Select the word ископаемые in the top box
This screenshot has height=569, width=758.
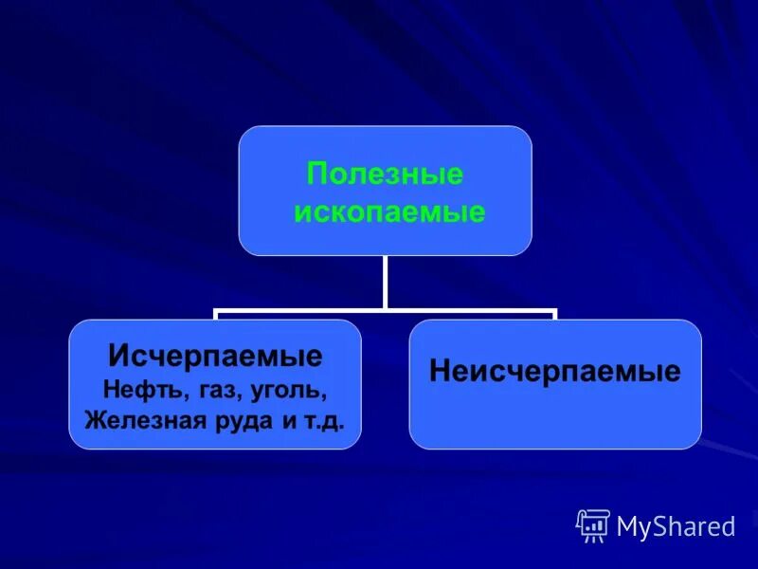click(389, 211)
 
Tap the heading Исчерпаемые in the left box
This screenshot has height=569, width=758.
click(215, 357)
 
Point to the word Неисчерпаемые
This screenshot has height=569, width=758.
click(554, 371)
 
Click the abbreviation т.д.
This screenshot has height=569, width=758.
click(328, 419)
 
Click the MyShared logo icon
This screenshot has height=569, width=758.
click(593, 525)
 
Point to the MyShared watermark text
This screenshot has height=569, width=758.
click(676, 526)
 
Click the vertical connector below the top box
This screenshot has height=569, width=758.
click(385, 282)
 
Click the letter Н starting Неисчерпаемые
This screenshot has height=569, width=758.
click(439, 371)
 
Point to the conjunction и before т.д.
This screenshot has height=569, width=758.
click(290, 419)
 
